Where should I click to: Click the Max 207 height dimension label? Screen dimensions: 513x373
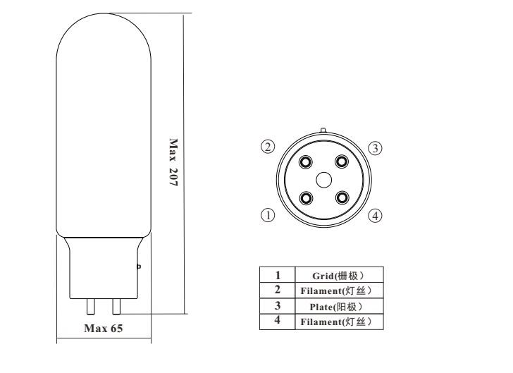173,162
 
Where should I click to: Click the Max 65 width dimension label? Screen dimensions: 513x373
104,328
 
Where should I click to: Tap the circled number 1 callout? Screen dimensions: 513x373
268,215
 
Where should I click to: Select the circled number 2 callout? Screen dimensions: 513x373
268,147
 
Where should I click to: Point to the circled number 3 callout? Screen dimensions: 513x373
376,148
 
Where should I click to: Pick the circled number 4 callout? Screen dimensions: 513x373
376,216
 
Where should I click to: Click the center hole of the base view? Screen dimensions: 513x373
324,180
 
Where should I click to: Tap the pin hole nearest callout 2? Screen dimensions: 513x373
306,161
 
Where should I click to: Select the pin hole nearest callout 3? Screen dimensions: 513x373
342,161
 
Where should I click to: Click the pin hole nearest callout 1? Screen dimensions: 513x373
306,198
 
